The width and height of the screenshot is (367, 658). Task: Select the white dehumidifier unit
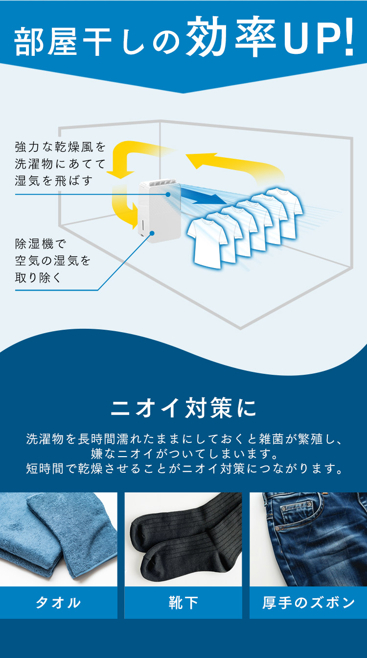(160, 212)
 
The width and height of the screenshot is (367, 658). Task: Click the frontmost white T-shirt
(207, 243)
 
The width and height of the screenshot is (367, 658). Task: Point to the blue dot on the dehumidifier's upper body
(168, 194)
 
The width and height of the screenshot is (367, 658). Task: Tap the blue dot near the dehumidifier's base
(152, 233)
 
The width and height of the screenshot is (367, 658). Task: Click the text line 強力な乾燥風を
(60, 146)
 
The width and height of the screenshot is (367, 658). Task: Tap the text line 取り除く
(38, 277)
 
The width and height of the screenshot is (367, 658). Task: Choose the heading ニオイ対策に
(183, 408)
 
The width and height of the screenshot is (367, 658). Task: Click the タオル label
(58, 603)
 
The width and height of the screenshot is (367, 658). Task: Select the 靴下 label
(183, 603)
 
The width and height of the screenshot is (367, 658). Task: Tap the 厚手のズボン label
(308, 603)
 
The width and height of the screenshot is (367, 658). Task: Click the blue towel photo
(59, 539)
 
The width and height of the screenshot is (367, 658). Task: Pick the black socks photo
(183, 539)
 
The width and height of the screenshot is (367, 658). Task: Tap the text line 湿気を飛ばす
(54, 180)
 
